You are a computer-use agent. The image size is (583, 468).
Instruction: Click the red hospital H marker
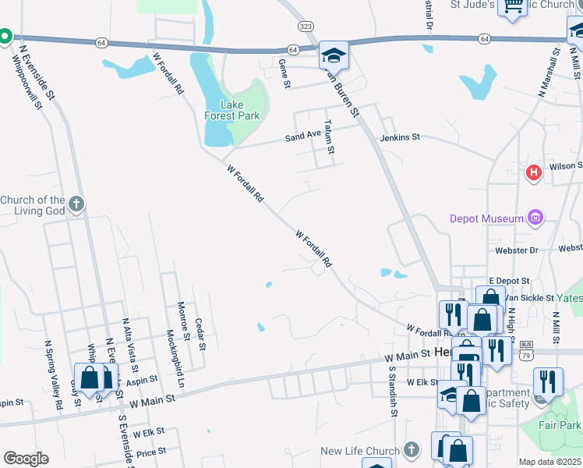tap(534, 172)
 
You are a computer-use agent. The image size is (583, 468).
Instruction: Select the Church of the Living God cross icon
tap(75, 205)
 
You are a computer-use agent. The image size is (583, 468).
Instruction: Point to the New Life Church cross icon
tap(412, 451)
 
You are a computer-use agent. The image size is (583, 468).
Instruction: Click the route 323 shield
tap(306, 27)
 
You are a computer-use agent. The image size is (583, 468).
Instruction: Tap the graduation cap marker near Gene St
tap(334, 55)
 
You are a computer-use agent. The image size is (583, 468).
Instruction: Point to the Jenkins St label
tap(400, 137)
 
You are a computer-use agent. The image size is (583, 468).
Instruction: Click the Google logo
tap(26, 459)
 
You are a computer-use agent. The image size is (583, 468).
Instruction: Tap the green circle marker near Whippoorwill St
tap(5, 36)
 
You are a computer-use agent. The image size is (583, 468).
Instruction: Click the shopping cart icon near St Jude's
tap(513, 8)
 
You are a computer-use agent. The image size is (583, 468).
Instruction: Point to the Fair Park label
tap(560, 426)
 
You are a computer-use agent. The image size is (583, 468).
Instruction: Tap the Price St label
tap(151, 452)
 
